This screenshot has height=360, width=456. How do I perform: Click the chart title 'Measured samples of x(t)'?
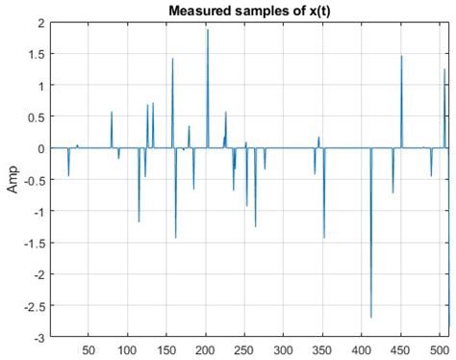(249, 11)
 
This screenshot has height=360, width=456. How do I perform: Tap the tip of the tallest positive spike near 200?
(207, 30)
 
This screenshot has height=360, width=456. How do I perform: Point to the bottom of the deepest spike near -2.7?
(371, 317)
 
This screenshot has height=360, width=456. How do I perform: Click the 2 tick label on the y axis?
(38, 22)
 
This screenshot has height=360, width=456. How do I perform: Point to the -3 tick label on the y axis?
(37, 338)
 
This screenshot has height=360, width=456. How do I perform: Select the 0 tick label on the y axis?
(38, 148)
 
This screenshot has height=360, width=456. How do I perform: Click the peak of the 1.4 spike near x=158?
(172, 59)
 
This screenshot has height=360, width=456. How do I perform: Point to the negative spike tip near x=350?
(324, 237)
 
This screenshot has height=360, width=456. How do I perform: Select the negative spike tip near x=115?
(139, 221)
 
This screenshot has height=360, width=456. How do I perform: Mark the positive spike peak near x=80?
(112, 113)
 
